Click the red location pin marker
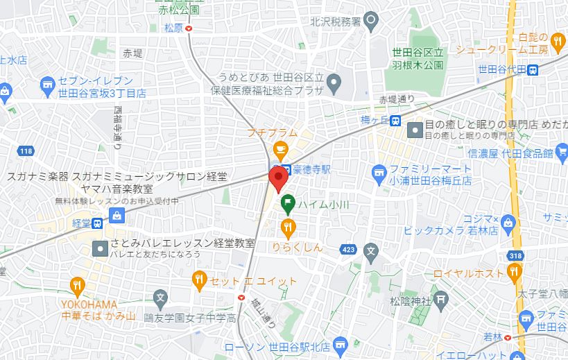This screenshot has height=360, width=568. [x=279, y=178]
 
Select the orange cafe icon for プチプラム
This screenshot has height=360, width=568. [x=280, y=148]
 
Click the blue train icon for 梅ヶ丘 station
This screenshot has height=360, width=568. [x=395, y=121]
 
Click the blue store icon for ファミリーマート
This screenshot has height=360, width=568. [x=379, y=170]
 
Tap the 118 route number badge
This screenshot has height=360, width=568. [x=26, y=151]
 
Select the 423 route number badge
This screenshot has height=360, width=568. [x=348, y=249]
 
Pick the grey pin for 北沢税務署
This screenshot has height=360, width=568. [x=371, y=21]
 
